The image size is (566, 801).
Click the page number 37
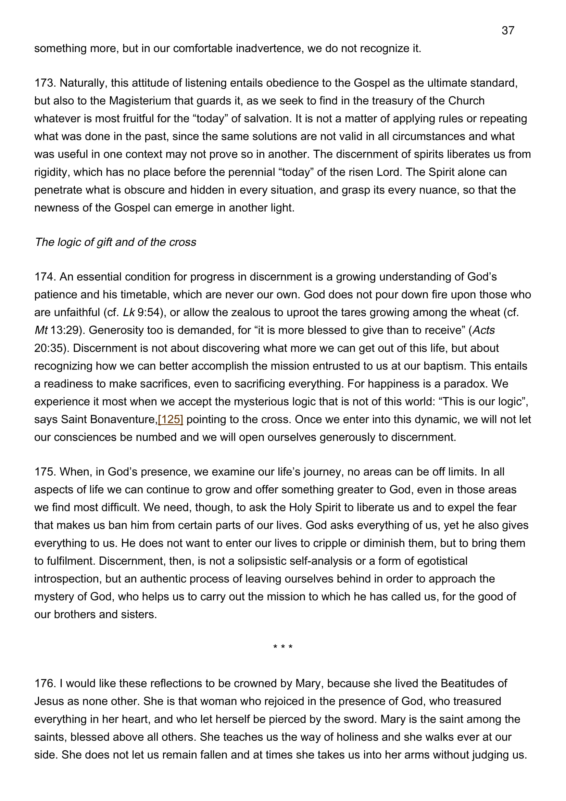point(508,31)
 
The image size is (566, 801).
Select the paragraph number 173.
point(45,83)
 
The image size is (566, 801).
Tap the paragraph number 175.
point(45,472)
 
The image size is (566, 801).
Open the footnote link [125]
point(171,420)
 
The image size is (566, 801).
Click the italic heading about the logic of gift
point(115,242)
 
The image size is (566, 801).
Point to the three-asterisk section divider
point(283,648)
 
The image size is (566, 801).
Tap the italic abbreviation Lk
point(129,312)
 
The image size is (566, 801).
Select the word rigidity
point(51,172)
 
